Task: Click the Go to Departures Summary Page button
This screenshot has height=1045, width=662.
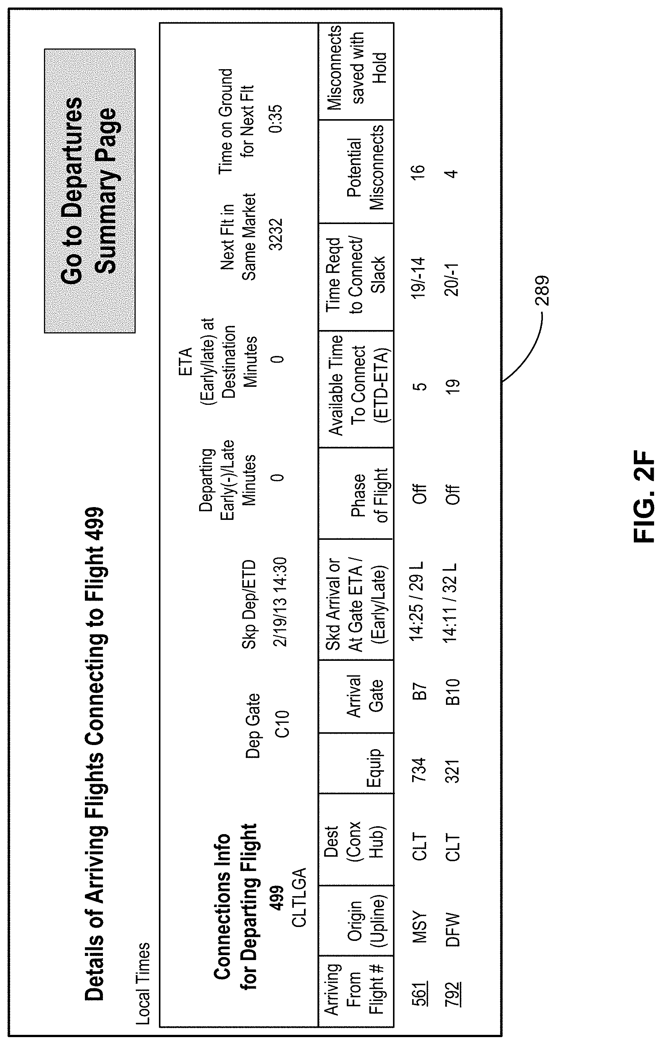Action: tap(89, 191)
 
